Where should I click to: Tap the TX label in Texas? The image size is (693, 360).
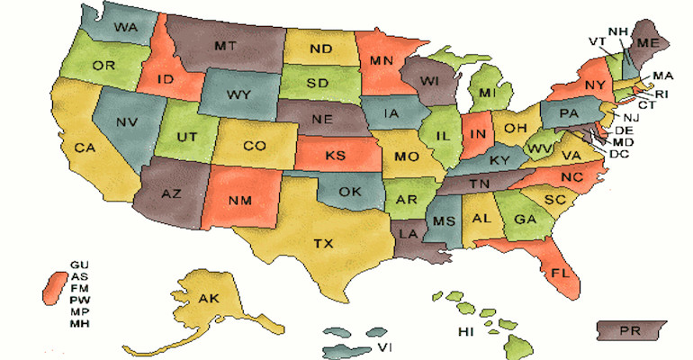click(x=323, y=243)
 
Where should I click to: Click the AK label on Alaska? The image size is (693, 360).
click(x=208, y=300)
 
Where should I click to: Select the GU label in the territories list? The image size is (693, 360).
click(x=78, y=264)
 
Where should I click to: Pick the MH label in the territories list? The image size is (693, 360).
click(x=78, y=322)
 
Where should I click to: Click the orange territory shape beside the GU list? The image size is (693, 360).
click(x=53, y=287)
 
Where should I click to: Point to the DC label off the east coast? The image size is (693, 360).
click(x=618, y=154)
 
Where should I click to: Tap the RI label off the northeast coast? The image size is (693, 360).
click(x=661, y=93)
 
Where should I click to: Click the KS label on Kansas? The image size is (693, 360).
click(x=335, y=157)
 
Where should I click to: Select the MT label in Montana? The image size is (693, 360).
click(x=226, y=44)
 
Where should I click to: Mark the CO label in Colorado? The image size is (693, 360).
click(x=255, y=146)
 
